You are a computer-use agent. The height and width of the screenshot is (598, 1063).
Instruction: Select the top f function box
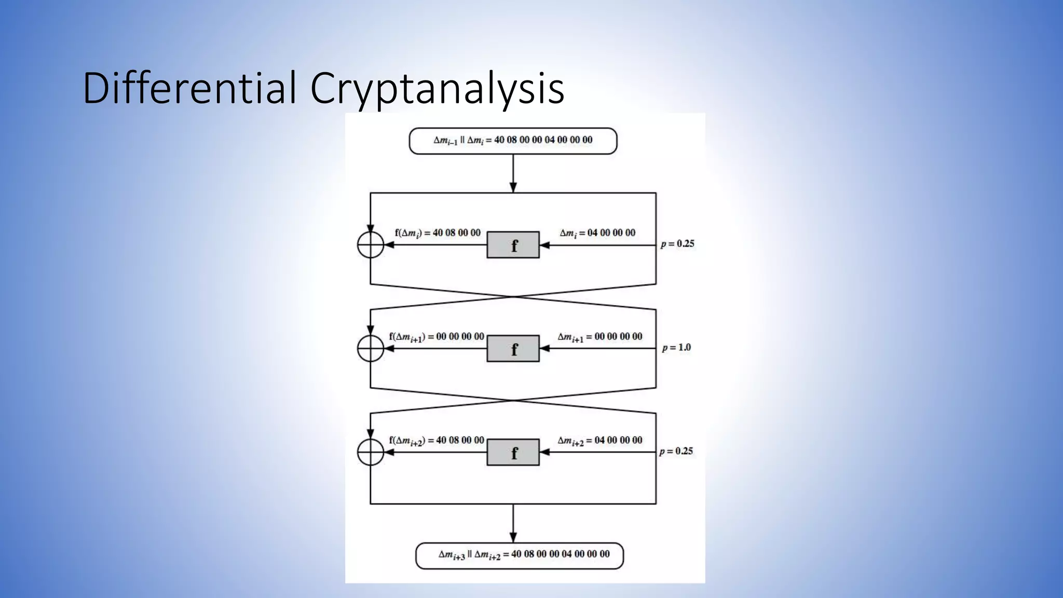513,245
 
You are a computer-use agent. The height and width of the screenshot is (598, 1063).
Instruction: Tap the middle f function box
513,348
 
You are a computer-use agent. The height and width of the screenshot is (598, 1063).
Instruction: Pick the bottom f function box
513,452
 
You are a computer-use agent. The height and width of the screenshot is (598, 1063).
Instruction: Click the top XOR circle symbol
371,245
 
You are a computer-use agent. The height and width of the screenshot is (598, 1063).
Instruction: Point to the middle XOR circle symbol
371,348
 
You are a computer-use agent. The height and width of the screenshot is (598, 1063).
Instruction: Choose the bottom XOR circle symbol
371,452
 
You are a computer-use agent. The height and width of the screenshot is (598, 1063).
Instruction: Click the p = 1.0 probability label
676,348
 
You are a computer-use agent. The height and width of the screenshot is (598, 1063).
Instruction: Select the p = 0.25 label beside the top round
677,244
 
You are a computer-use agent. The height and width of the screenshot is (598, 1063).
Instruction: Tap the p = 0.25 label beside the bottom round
676,452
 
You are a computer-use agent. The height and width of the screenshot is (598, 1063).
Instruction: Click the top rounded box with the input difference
513,141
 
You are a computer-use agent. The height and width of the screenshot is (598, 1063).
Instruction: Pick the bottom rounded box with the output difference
520,555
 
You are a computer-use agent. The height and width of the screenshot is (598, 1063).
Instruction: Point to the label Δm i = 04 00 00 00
597,233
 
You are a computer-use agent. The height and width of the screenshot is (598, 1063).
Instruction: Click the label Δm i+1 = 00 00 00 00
600,337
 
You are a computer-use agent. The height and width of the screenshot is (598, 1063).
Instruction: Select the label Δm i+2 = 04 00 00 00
600,441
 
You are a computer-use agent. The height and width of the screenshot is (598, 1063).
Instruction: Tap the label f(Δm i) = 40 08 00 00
438,233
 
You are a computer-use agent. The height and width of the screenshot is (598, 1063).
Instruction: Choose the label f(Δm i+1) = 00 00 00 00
437,337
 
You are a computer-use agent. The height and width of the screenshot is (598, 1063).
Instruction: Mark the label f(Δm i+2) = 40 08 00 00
437,441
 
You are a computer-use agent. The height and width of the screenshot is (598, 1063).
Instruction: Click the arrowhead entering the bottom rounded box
513,538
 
